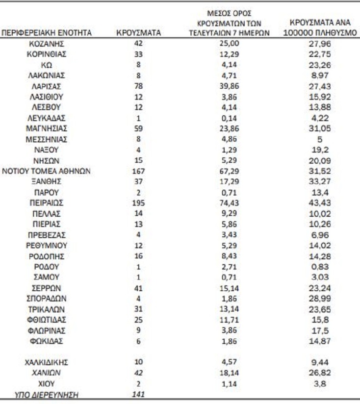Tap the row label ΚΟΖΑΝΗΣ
[x=47, y=44]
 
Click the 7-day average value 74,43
[x=226, y=202]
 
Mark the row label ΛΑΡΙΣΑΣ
[x=47, y=86]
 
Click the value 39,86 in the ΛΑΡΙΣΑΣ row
[x=226, y=86]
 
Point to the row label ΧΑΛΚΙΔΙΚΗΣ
[x=47, y=362]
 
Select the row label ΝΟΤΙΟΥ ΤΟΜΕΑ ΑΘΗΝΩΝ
[x=47, y=171]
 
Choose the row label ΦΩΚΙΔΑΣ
[x=47, y=341]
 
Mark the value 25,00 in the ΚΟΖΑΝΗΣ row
[x=226, y=44]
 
